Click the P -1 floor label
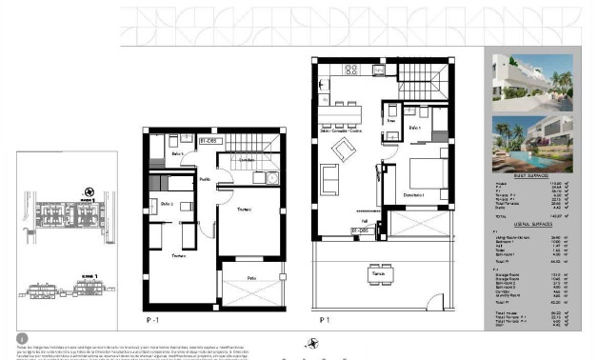[153, 318]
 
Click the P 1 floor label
[326, 318]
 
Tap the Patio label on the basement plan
[251, 278]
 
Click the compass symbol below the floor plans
[309, 344]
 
